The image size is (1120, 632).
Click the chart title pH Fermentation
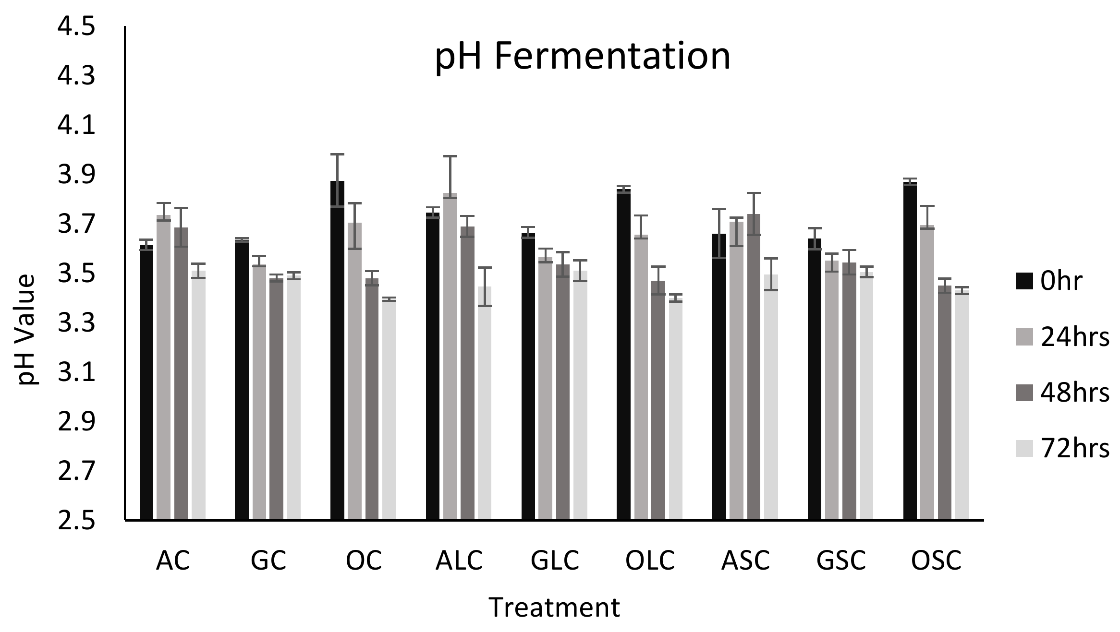tap(582, 57)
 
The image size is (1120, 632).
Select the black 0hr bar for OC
tap(337, 350)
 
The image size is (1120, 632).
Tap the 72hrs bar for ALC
tap(484, 403)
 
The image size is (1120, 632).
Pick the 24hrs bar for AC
tap(164, 367)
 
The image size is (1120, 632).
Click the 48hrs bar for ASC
tap(754, 367)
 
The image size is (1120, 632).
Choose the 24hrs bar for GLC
tap(545, 389)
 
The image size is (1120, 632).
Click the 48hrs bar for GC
tap(276, 398)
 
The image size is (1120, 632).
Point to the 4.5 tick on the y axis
tap(76, 28)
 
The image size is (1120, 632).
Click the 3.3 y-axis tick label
tap(76, 324)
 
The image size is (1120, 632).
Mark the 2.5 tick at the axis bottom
tap(76, 521)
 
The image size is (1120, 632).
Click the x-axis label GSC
tap(841, 560)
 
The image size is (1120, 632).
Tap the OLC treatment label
tap(650, 560)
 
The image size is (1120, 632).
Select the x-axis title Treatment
tap(554, 607)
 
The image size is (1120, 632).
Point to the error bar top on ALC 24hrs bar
tap(450, 156)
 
